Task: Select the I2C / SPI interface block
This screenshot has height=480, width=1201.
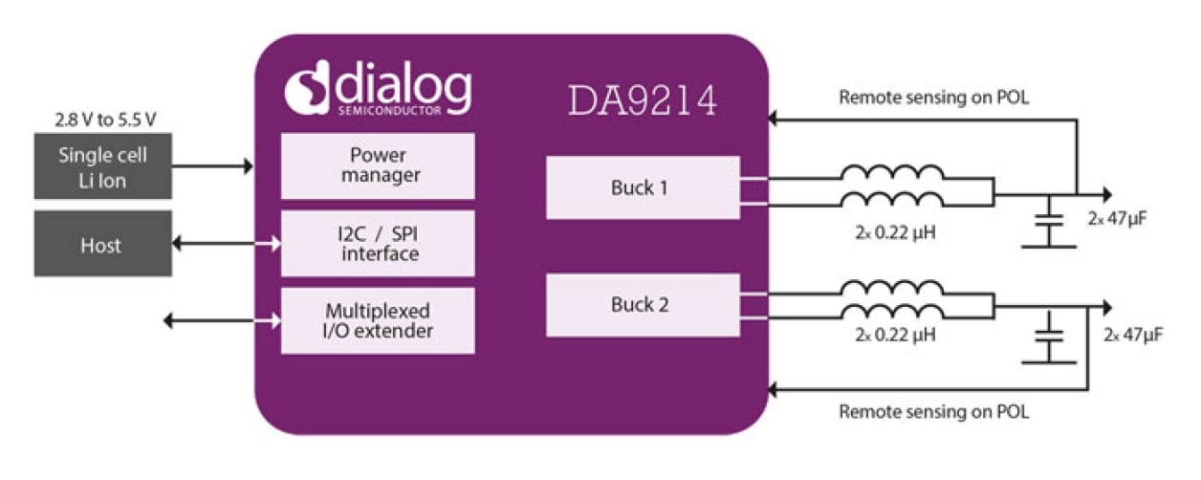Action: (x=377, y=244)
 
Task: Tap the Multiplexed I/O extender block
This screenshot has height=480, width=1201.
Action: (x=377, y=321)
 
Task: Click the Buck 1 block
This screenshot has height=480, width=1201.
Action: (x=642, y=187)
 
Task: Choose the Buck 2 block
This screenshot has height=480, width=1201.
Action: (x=642, y=305)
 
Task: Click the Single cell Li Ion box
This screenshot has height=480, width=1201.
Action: (x=102, y=166)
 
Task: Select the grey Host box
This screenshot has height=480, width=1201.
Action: (x=102, y=245)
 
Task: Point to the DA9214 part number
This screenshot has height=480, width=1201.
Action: (x=642, y=101)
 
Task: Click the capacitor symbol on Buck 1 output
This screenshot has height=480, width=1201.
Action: (x=1050, y=223)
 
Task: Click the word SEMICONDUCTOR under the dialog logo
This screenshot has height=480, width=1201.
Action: (x=390, y=112)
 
